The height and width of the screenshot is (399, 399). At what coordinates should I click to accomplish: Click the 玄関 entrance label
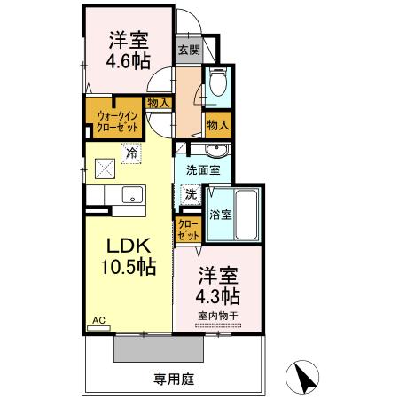188,50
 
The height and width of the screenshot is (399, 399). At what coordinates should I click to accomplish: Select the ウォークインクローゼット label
113,120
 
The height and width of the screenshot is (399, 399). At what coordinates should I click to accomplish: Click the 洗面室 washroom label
203,169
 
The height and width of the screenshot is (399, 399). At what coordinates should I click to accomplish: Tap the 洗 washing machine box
191,192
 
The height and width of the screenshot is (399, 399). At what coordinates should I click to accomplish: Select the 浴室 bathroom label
220,214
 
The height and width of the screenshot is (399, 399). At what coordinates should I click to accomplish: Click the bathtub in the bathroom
246,214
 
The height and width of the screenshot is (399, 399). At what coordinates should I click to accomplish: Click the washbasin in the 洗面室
213,149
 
